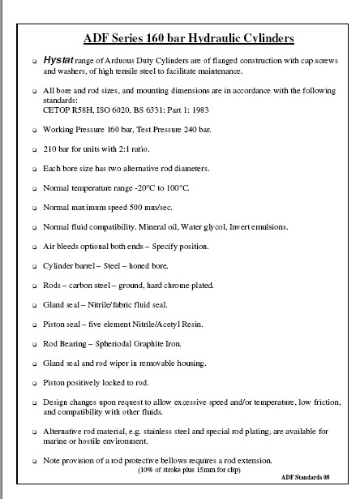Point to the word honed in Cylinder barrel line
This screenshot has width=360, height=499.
pyautogui.click(x=135, y=265)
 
